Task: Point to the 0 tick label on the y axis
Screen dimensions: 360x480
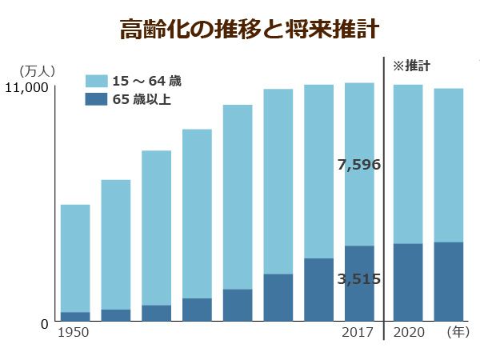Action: pos(46,322)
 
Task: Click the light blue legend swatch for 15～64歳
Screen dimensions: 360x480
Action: pos(96,81)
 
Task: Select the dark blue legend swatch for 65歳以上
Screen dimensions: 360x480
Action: pos(96,99)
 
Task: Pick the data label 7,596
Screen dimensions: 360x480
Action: pos(358,166)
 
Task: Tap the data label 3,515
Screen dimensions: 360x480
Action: pos(358,279)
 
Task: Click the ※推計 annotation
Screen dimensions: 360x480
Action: pos(412,66)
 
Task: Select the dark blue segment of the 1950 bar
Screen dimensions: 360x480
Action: pos(74,317)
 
